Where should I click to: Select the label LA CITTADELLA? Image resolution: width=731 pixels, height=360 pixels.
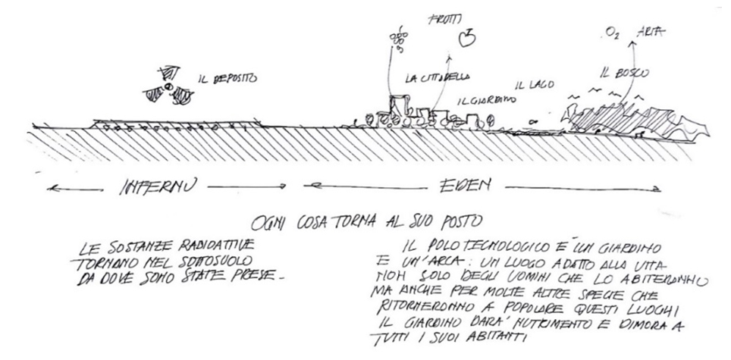438,77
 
